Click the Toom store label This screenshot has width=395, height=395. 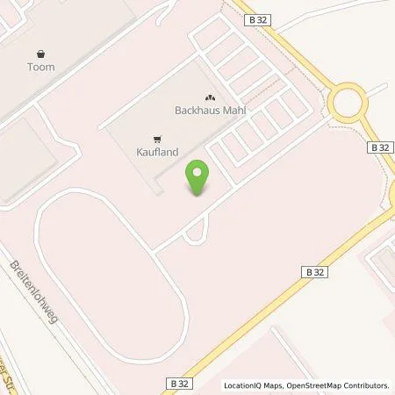click(41, 67)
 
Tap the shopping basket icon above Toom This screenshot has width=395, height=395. click(41, 53)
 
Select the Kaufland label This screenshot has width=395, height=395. click(158, 152)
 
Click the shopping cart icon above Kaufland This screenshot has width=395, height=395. click(157, 138)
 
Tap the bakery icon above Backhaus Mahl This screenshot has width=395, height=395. click(209, 97)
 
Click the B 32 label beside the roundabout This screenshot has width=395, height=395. click(378, 148)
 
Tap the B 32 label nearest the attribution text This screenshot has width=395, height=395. click(177, 384)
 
